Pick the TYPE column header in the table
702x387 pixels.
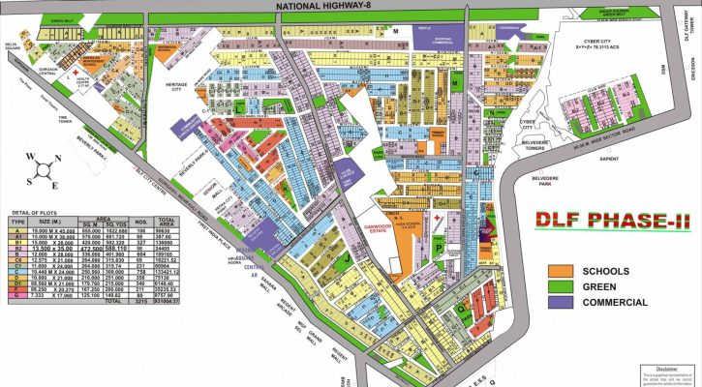click(x=15, y=221)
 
